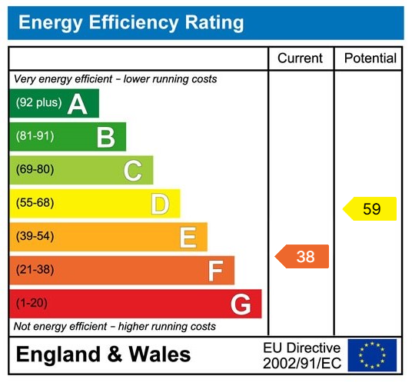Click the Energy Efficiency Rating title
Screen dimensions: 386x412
[x=131, y=22]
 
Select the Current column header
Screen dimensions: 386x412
[x=301, y=58]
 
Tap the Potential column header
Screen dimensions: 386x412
[x=370, y=58]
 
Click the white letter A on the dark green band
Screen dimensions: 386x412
[x=77, y=104]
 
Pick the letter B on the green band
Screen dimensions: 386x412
[x=105, y=137]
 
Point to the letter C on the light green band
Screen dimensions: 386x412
[x=133, y=171]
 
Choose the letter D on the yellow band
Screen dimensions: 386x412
[x=160, y=204]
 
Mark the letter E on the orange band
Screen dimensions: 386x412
[x=188, y=237]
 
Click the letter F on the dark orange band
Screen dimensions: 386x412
[x=215, y=271]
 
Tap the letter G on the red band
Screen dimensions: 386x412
[x=241, y=304]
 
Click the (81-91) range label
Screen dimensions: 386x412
[x=35, y=136]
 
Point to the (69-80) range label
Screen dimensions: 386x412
[x=35, y=170]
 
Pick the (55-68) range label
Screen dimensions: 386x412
[x=35, y=203]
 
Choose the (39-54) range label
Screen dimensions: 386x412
[x=35, y=236]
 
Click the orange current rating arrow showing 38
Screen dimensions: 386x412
[x=303, y=257]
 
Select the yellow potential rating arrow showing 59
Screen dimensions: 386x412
[x=370, y=209]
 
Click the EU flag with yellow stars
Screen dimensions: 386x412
[x=372, y=354]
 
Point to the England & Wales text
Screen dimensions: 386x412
[x=103, y=354]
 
